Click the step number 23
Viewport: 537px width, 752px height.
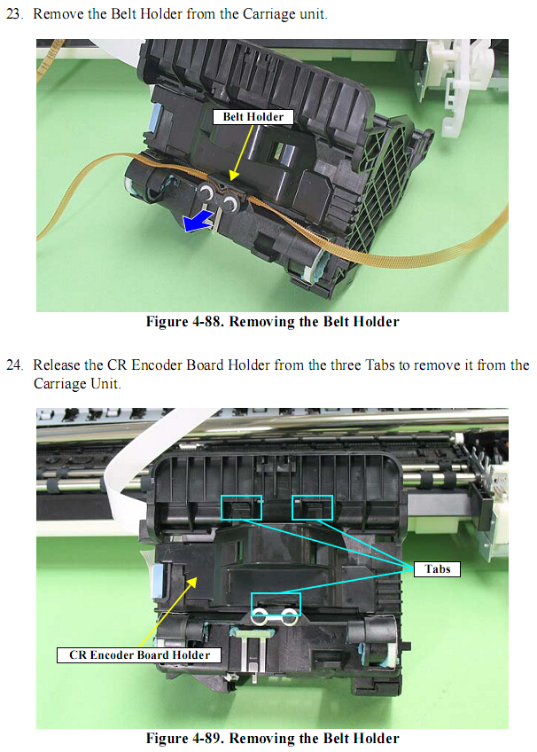coord(14,14)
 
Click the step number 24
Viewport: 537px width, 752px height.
coord(14,365)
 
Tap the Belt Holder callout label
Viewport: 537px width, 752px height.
coord(253,116)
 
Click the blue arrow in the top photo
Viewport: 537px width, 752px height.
coord(197,221)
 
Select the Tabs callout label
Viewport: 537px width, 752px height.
coord(437,568)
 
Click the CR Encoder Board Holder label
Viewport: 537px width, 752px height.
coord(139,655)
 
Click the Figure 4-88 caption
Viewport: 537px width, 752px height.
coord(272,321)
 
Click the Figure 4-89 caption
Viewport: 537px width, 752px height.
coord(272,738)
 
